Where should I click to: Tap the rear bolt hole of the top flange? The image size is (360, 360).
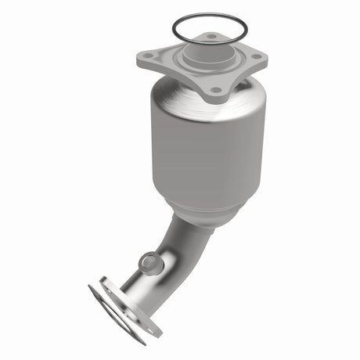211,36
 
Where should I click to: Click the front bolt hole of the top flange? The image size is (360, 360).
215,90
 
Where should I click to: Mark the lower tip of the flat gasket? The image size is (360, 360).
142,341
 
